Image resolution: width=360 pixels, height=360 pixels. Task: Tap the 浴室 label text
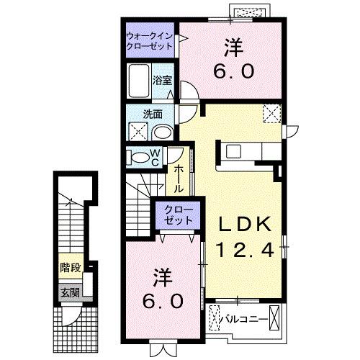point(163,81)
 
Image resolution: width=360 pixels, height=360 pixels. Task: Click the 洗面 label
point(152,114)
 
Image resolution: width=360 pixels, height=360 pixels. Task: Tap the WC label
point(154,157)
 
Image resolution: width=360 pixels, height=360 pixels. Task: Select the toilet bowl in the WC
point(137,158)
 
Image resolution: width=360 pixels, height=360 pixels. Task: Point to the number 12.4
point(245,251)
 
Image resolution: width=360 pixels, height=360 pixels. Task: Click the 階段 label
point(70,267)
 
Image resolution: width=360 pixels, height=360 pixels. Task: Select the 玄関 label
point(70,292)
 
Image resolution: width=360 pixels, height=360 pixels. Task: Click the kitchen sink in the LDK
point(235,151)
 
